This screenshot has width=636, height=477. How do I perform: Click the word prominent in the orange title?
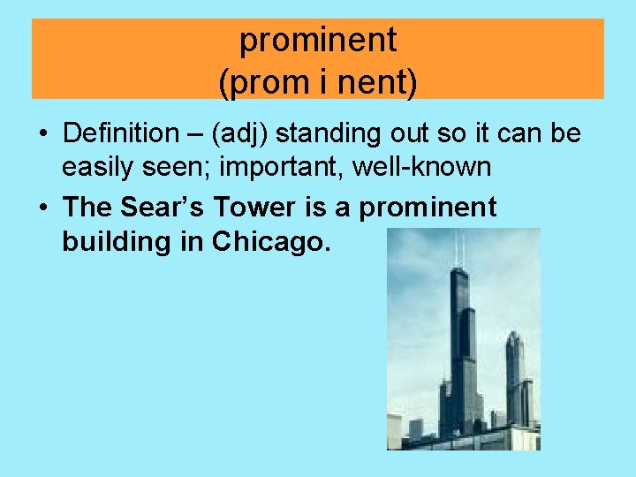click(318, 40)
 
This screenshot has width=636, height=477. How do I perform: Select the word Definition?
click(120, 133)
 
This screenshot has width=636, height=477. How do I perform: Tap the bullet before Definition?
click(42, 134)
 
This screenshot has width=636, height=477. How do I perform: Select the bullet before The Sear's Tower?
click(42, 208)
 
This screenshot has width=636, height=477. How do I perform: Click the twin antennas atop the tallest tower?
click(459, 249)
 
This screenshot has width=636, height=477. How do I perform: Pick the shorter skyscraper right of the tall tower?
click(515, 375)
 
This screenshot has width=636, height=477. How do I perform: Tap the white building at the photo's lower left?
click(394, 431)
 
